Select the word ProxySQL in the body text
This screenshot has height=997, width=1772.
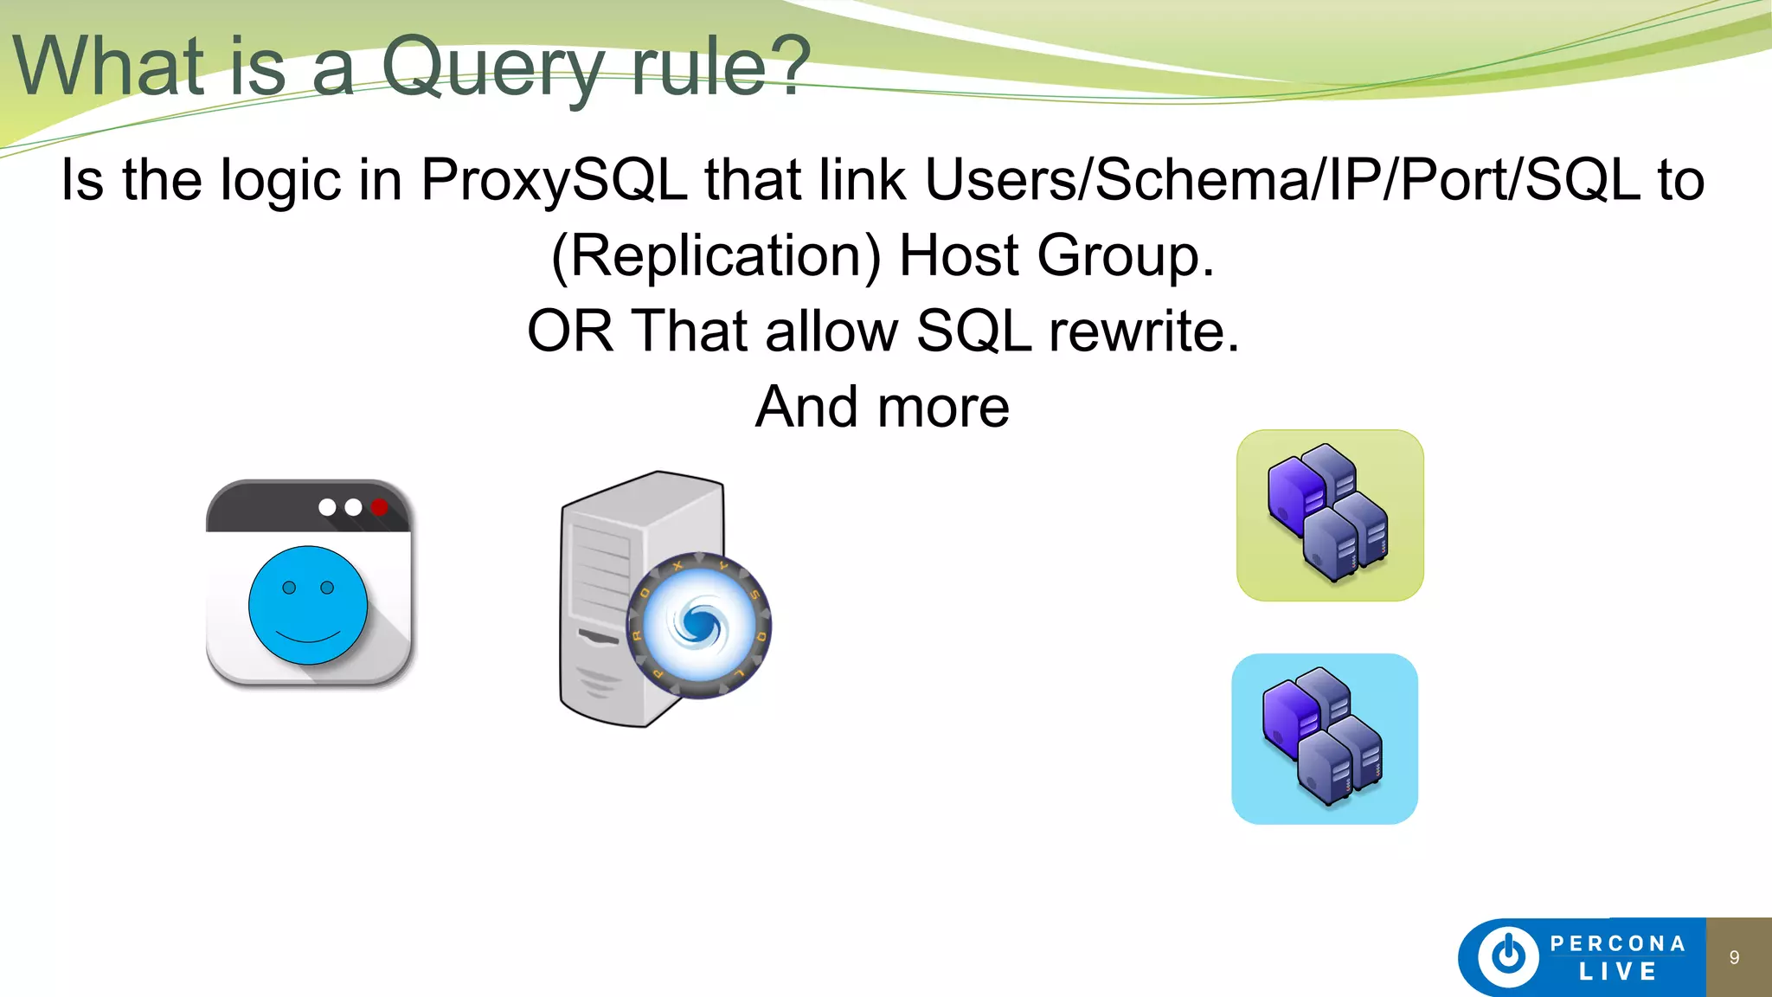(x=554, y=180)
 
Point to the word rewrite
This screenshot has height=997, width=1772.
(x=1144, y=331)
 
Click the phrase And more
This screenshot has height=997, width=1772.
(x=882, y=407)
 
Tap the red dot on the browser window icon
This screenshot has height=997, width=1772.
(x=379, y=507)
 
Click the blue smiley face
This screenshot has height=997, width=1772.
(x=308, y=605)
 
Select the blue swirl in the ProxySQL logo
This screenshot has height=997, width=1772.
(x=699, y=624)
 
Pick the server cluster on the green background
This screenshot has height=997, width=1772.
(x=1330, y=515)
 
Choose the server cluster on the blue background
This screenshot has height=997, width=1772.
(x=1325, y=738)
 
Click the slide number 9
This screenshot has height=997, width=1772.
(x=1734, y=957)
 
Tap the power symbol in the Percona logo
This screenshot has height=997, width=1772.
(x=1509, y=955)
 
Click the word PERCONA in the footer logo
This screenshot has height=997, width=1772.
(x=1617, y=943)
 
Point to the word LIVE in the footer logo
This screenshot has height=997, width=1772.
(x=1617, y=972)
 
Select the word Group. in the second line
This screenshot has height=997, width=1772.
(x=1125, y=256)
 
